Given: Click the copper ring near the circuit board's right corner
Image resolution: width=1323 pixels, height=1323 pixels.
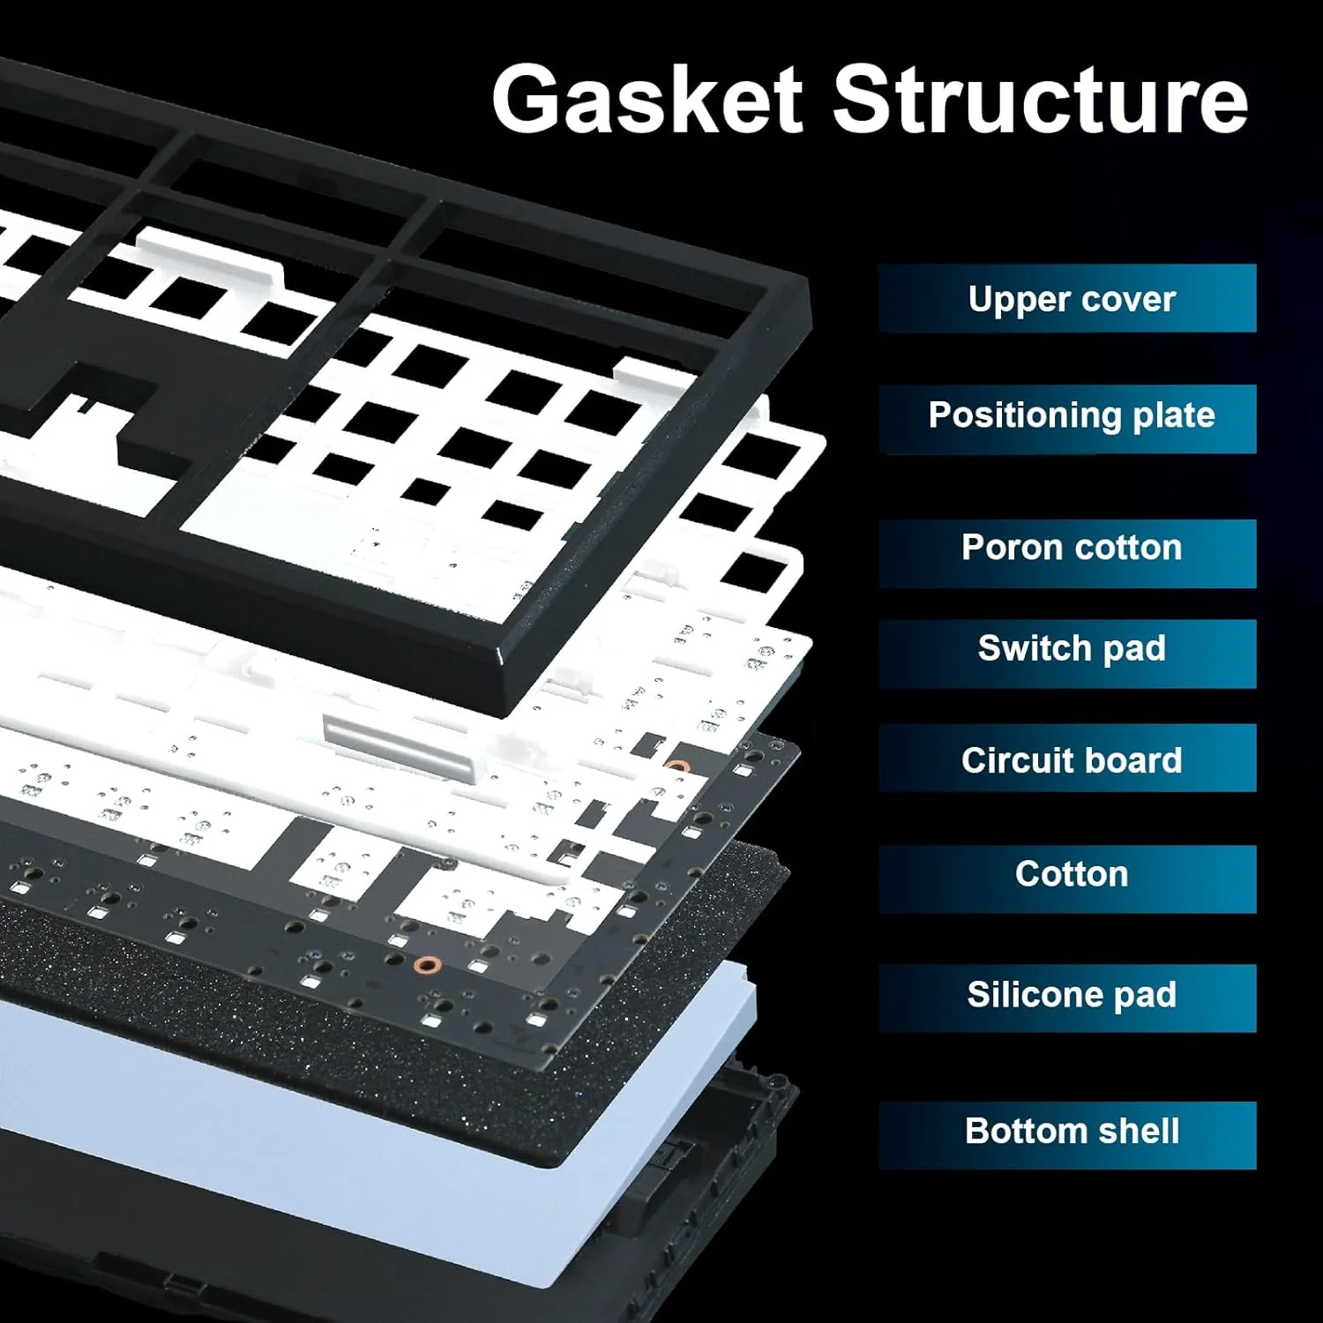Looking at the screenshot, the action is point(676,767).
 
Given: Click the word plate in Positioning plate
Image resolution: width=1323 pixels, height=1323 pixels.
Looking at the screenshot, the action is point(1173,415).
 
